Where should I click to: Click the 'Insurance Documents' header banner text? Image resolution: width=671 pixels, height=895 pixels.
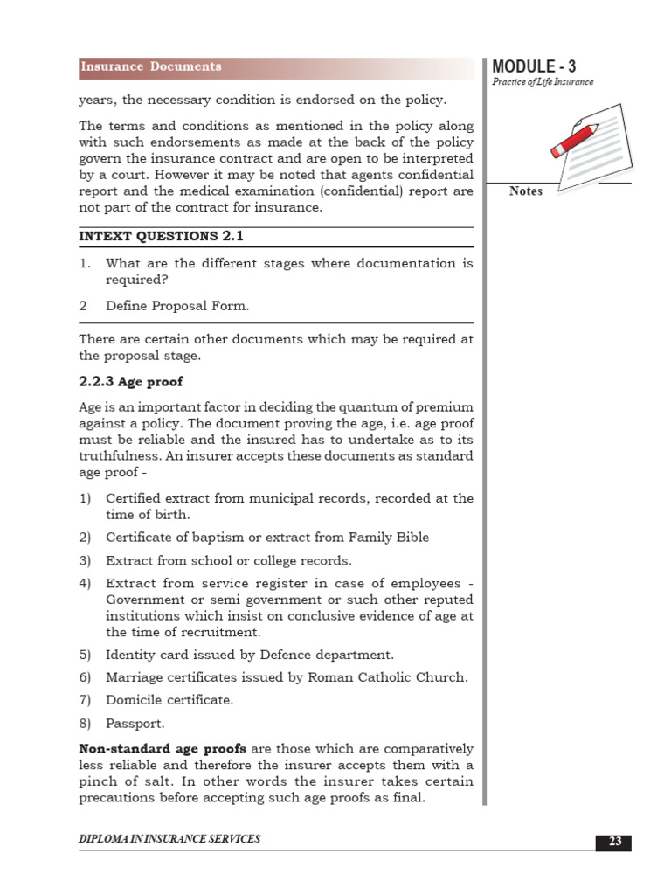pyautogui.click(x=151, y=66)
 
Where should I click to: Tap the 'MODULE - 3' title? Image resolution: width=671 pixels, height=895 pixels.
pyautogui.click(x=534, y=66)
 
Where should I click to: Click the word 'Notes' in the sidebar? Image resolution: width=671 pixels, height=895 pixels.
pyautogui.click(x=526, y=191)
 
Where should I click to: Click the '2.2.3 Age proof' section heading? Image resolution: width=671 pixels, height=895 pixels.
pyautogui.click(x=131, y=382)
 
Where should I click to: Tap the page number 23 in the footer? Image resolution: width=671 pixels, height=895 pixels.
pyautogui.click(x=614, y=842)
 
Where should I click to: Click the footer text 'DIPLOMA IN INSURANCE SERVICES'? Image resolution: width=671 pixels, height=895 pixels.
pyautogui.click(x=169, y=839)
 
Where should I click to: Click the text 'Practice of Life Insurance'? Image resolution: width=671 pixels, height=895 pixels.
pyautogui.click(x=543, y=82)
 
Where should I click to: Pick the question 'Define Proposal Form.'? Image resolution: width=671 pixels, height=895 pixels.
pyautogui.click(x=177, y=305)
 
